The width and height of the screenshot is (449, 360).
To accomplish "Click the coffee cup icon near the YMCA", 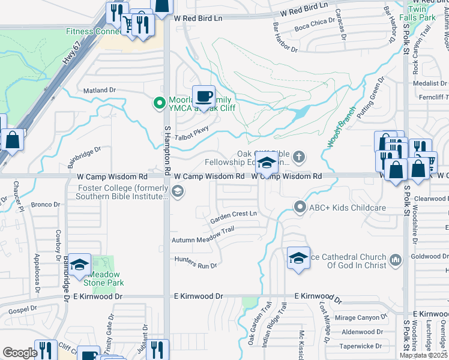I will coord(203,96).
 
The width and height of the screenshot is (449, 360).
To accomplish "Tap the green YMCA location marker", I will coord(159,103).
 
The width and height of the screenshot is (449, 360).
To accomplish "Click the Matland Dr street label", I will coord(99,90).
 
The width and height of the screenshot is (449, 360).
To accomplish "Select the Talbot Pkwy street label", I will coord(191,136).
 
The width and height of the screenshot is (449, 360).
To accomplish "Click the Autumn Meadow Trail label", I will coord(202,235).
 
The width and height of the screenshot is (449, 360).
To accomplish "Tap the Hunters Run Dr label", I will coord(195,262).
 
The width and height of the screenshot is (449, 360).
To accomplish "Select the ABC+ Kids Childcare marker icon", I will coord(300,207).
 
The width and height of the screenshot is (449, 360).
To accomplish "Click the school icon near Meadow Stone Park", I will coord(79,265).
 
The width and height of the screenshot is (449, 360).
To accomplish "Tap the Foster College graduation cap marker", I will coord(177,191).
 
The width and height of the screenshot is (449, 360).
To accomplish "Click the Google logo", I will coord(20,353).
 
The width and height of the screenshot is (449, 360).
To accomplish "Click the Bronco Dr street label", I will coord(46,205).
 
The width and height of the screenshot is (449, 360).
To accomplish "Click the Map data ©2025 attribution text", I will coord(423,355).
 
